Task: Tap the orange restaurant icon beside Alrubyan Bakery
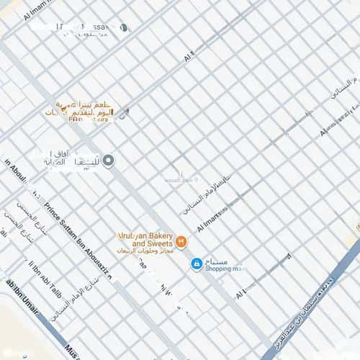[182, 241]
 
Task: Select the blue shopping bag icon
[196, 265]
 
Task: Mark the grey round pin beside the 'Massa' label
[123, 28]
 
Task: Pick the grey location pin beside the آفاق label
[109, 160]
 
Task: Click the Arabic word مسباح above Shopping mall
[217, 261]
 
